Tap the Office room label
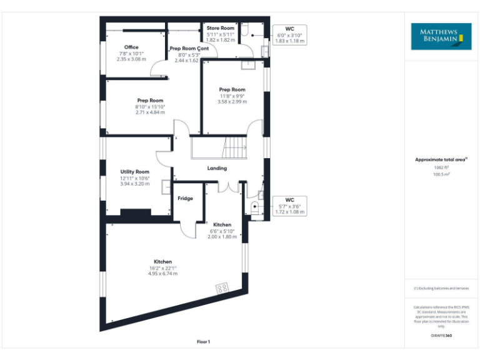(131, 47)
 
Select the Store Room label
(221, 28)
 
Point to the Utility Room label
(135, 172)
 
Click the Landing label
(217, 168)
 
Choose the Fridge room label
(185, 199)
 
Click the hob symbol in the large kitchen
(222, 289)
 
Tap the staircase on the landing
(236, 149)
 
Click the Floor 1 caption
(203, 342)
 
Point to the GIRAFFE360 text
(441, 336)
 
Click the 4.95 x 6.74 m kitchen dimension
(162, 274)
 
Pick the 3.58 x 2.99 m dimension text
(232, 101)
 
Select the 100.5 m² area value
(441, 174)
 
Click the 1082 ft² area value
(441, 167)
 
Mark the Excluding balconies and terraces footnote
(441, 288)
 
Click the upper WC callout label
(290, 29)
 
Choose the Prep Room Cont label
(189, 49)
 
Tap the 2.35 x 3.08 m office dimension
(131, 59)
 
